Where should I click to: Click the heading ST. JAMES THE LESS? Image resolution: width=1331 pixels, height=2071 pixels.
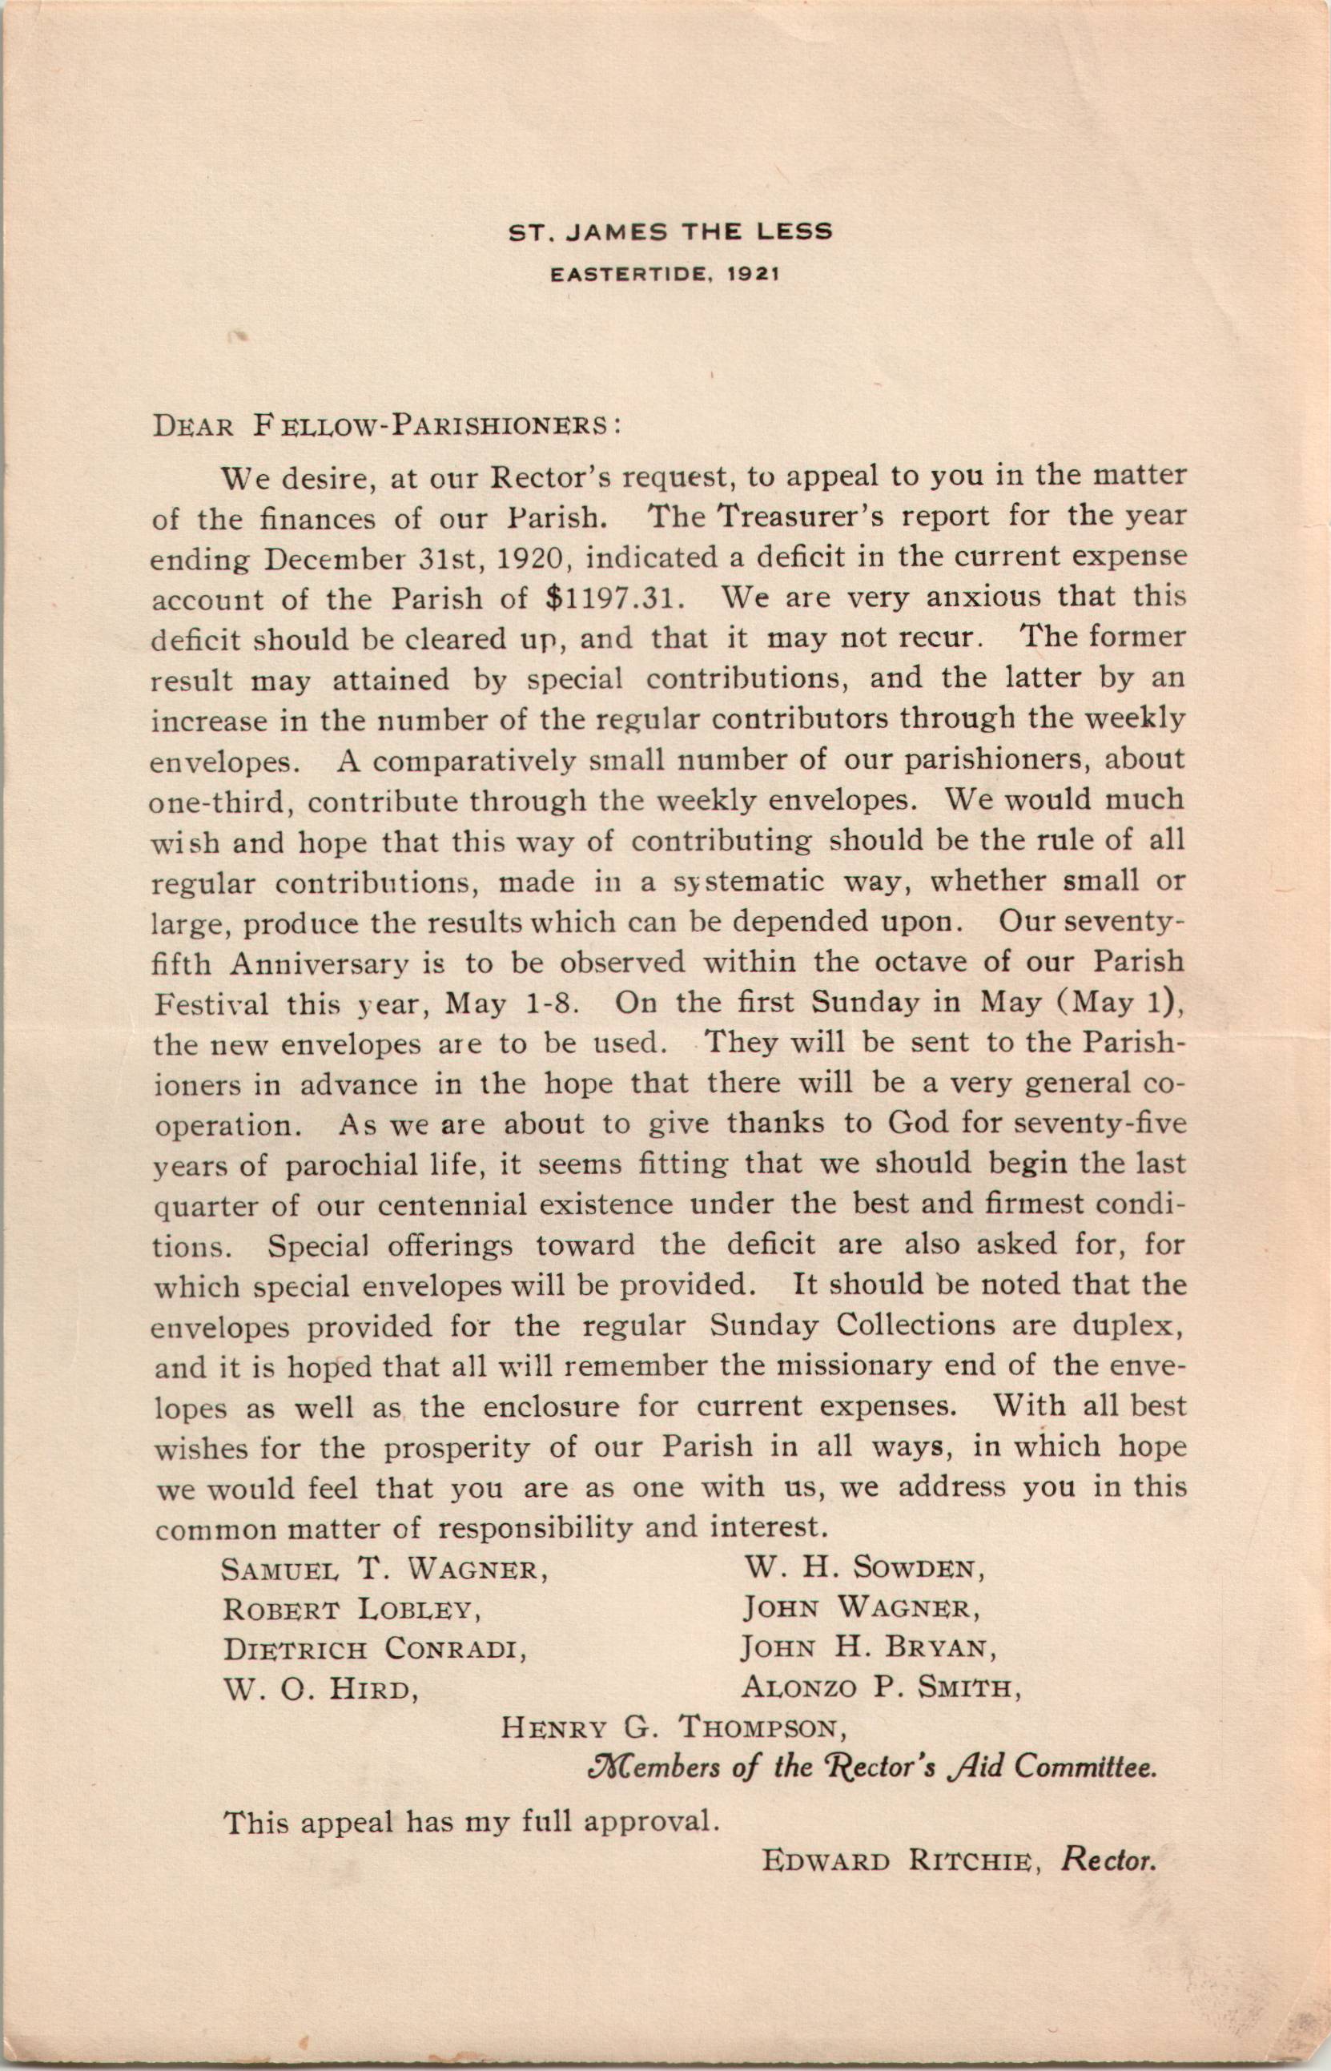click(670, 231)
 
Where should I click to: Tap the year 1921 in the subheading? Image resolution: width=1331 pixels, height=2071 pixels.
click(753, 275)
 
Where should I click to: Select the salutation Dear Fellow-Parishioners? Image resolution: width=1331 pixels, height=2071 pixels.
click(385, 427)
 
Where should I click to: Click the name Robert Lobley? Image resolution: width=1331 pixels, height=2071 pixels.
click(352, 1609)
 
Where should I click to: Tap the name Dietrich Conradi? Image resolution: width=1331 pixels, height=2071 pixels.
click(375, 1649)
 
